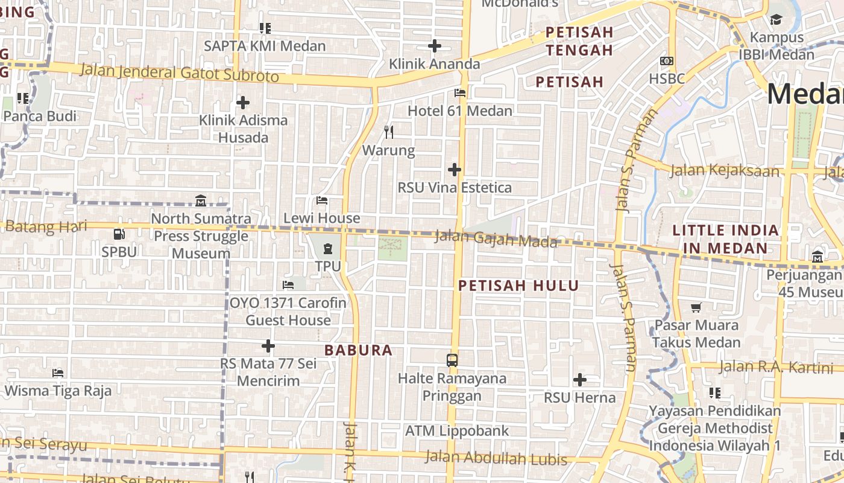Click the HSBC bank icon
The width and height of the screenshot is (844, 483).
666,61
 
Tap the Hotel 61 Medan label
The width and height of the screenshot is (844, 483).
460,111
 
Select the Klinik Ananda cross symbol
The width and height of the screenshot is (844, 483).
434,46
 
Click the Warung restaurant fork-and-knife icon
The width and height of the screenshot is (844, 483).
389,132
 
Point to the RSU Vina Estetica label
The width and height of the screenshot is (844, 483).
455,188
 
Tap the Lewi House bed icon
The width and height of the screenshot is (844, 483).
322,200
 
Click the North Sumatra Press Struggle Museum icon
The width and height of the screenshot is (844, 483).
201,200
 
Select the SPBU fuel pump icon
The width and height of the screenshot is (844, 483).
119,234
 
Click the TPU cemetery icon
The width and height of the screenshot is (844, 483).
328,248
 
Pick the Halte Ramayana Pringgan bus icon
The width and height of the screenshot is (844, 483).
452,360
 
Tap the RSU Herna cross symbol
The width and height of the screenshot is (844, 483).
579,380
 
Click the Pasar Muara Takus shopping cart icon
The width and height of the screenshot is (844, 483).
696,307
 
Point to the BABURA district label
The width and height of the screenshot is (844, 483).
358,350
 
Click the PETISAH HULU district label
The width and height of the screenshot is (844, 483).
518,286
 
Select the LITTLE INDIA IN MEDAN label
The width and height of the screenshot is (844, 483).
725,239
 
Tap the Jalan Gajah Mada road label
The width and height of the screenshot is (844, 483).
496,239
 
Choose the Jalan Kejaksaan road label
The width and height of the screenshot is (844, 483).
724,171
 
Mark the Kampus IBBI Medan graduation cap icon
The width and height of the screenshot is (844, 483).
776,20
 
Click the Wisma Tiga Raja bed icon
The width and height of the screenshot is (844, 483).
58,373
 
